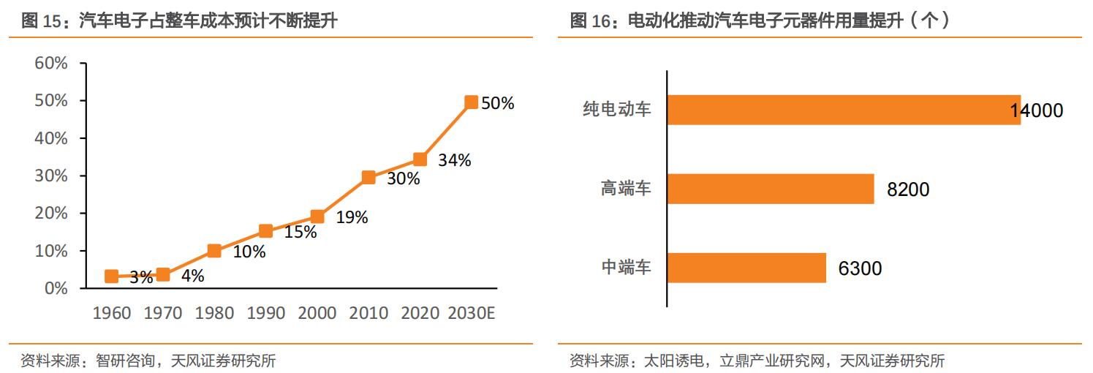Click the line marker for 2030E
coord(471,102)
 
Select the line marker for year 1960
coord(112,276)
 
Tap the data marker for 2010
coord(368,177)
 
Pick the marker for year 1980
coord(214,251)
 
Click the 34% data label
coord(454,160)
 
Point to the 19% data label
coord(352,217)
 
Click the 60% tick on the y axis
coord(51,63)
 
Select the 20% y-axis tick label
coord(51,213)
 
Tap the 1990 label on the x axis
coord(266,313)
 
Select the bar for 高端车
coord(771,189)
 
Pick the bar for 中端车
coord(746,268)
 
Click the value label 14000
coord(1037,110)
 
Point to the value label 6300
coord(860,268)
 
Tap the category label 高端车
coord(626,189)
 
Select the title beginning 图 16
coord(760,21)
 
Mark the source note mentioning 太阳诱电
coord(757,361)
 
